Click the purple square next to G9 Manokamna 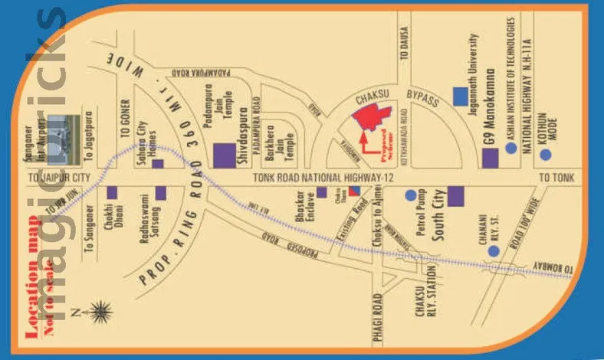point(490,159)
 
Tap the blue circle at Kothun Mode point(545,154)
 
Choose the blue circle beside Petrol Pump point(411,195)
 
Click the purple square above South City point(456,195)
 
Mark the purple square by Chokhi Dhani point(112,194)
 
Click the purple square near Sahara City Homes point(158,163)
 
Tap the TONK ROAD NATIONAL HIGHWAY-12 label point(317,177)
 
